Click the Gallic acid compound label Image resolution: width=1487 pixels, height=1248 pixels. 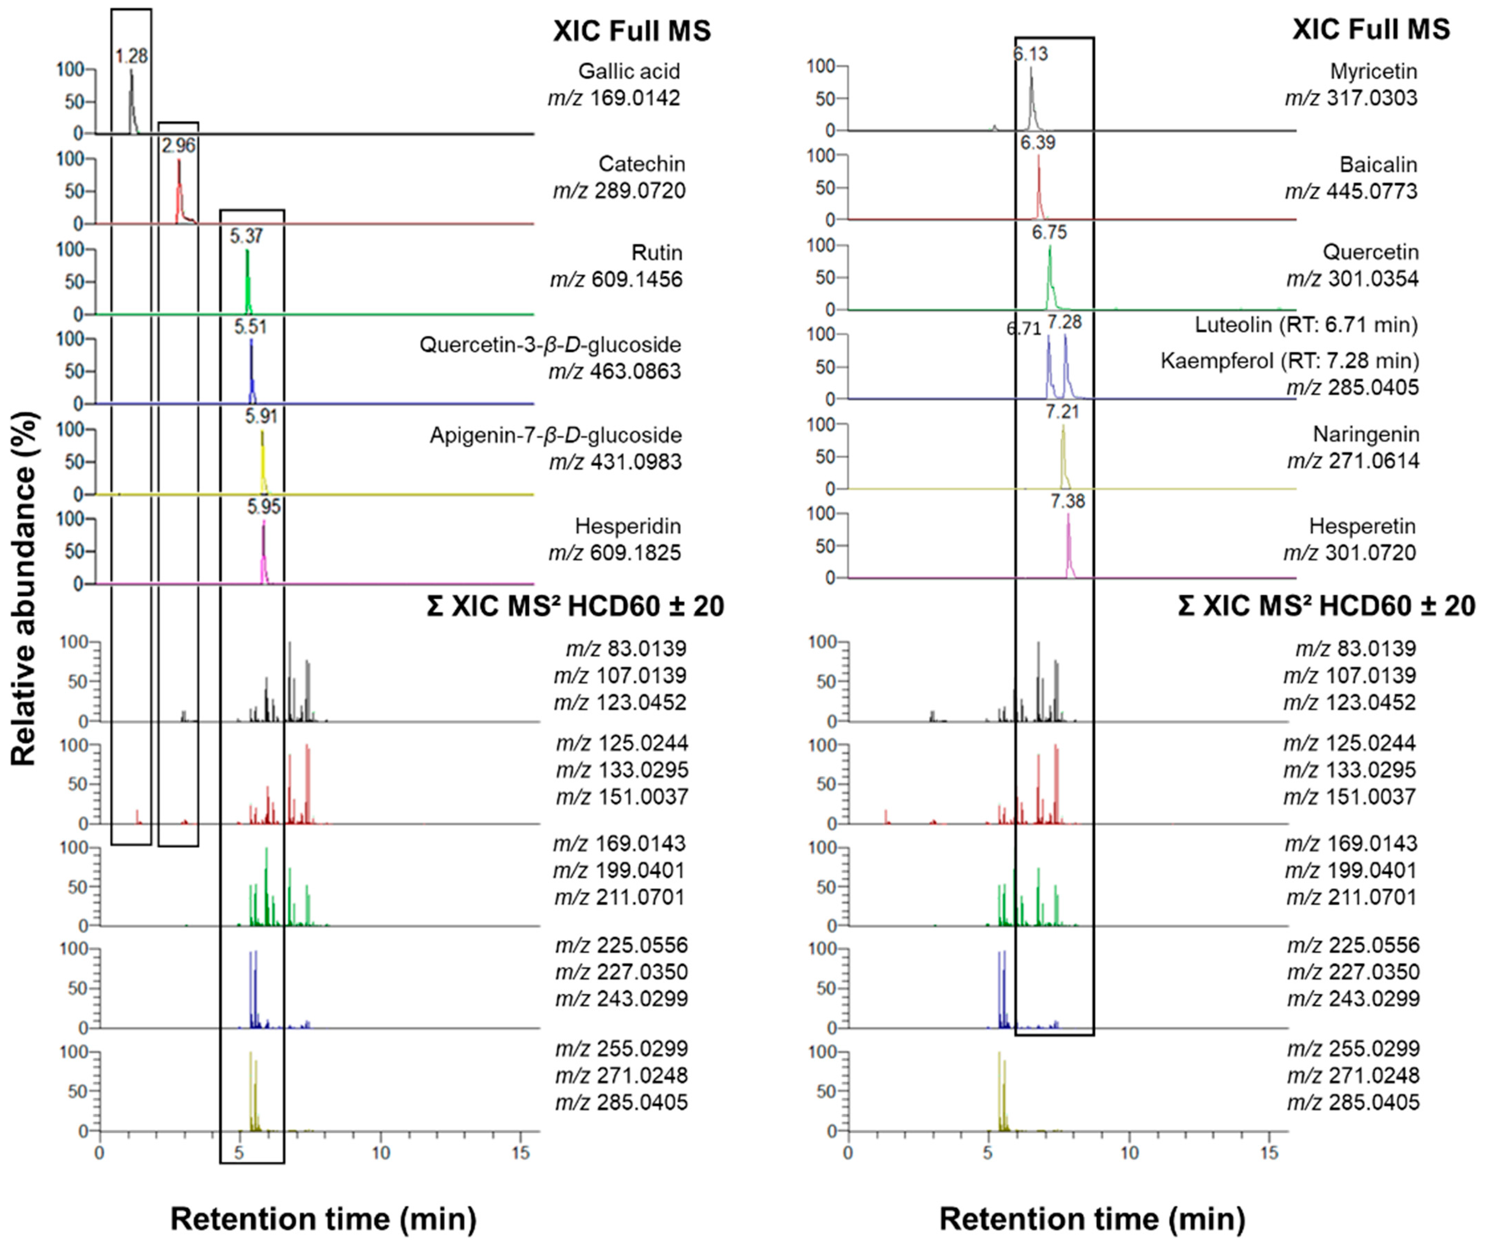629,71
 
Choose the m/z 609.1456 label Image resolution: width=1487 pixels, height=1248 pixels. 616,280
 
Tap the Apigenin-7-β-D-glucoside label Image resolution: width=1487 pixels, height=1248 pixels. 556,435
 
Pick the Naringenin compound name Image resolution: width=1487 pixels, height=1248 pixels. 1366,434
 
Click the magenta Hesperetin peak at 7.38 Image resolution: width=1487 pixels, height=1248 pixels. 1068,542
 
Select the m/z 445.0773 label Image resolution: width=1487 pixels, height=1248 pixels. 1351,191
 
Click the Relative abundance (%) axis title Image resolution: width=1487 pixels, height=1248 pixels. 24,588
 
